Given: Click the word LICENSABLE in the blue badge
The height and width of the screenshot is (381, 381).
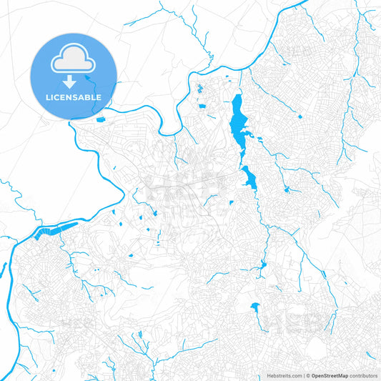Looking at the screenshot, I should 74,97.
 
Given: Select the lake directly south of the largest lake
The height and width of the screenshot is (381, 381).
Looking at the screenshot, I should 249,177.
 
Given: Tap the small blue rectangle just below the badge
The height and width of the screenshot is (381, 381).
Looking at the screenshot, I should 99,119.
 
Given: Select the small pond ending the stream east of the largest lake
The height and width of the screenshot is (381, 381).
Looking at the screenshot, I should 287,189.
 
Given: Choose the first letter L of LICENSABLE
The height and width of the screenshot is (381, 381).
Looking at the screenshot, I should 48,97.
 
